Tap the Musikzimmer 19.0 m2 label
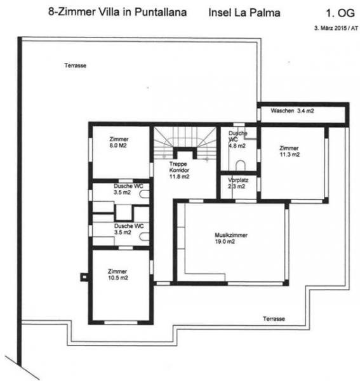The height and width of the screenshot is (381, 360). point(230,238)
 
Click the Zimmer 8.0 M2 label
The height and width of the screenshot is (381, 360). point(119,142)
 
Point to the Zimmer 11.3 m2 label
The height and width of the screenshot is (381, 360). point(290,150)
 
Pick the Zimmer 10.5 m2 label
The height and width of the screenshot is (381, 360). point(118,274)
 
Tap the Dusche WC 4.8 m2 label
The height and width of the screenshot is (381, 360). point(237,139)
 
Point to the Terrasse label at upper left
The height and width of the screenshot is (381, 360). point(75,65)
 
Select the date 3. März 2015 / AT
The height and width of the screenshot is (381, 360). point(332,29)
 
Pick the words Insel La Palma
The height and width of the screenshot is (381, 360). point(243,12)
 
